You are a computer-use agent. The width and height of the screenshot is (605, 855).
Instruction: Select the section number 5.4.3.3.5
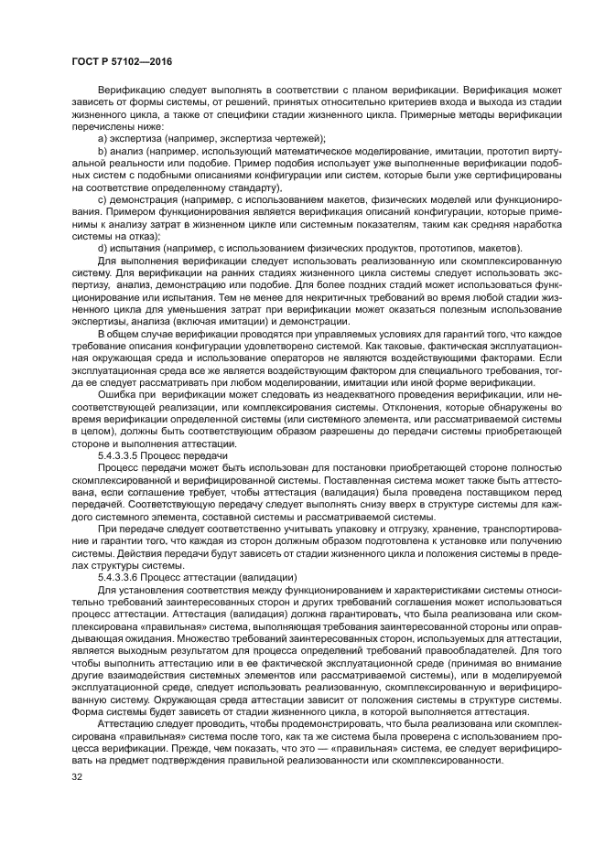tap(126, 454)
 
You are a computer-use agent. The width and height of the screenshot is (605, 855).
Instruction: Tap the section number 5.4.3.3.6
tap(126, 577)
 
